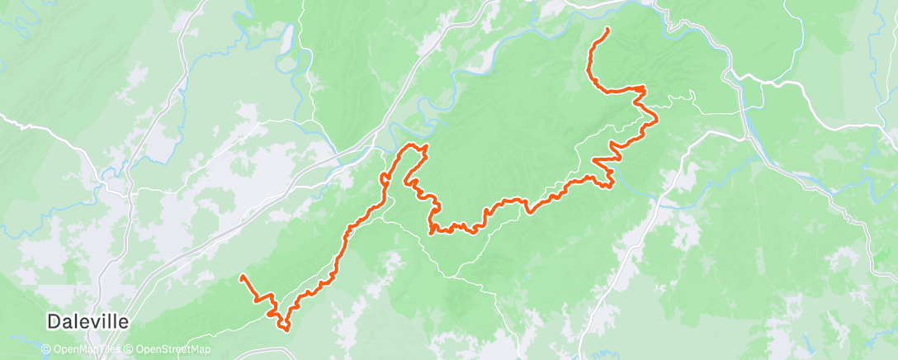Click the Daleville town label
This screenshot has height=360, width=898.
[x=87, y=322]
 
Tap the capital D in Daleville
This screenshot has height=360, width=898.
[x=54, y=322]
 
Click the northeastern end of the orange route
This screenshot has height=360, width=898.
[x=608, y=30]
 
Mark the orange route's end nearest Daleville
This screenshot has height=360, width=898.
[x=242, y=277]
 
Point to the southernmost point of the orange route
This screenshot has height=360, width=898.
[x=286, y=329]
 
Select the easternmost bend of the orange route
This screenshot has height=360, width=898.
[x=656, y=120]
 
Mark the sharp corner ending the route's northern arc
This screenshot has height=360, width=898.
[x=643, y=88]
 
